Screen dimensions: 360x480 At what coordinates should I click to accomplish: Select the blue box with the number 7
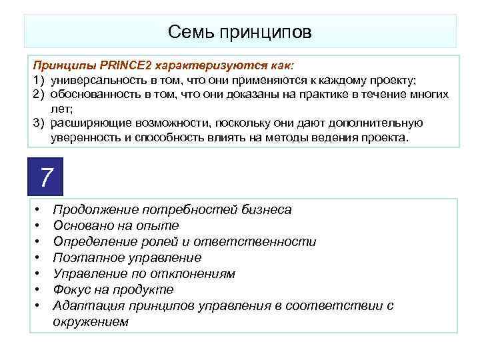45,177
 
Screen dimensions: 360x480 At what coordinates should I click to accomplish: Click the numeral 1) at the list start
38,80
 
